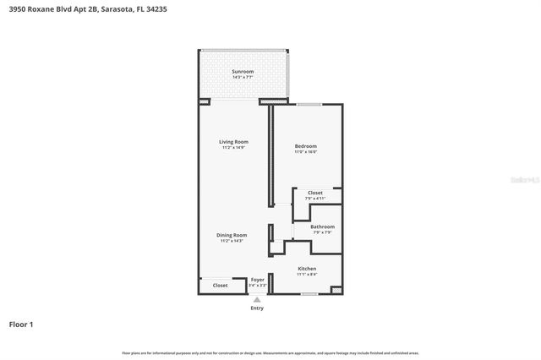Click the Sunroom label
[243, 72]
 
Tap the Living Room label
[233, 141]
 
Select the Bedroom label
[305, 146]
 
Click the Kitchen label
[307, 269]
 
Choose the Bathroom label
[322, 226]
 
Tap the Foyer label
[258, 279]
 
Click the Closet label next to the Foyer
[220, 286]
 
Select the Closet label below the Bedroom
[314, 193]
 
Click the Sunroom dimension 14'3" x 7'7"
[243, 78]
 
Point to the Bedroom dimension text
[305, 152]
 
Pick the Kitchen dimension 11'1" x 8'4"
[307, 275]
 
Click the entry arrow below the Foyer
[257, 298]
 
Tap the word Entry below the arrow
[257, 308]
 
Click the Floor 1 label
[21, 325]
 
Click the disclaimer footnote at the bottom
[270, 352]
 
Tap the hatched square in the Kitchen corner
[336, 290]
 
